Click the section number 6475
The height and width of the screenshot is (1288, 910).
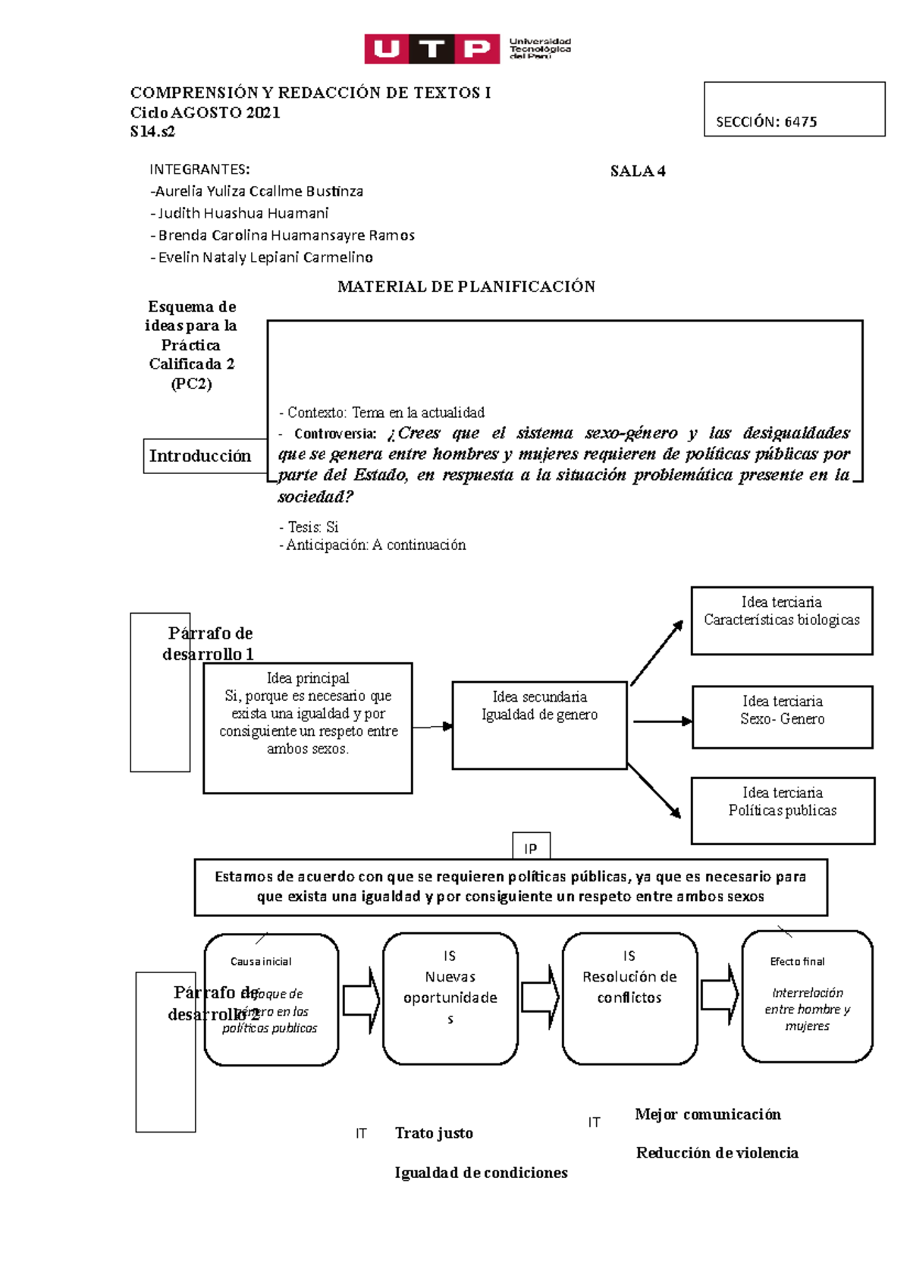800,122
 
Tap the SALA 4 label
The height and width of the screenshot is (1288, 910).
638,171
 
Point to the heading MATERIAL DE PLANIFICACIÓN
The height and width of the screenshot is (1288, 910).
466,287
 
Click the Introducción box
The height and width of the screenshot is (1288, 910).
201,456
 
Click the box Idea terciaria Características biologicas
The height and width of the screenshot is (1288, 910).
781,620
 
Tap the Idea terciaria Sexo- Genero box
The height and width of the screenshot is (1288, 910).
782,717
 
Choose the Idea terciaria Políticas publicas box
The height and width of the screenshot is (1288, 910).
782,810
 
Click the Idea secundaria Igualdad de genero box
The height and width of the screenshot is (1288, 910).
539,725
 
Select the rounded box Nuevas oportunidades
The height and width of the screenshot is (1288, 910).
450,998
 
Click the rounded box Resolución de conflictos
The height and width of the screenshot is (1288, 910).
629,998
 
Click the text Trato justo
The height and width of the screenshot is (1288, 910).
434,1133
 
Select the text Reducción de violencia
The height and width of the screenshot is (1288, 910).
717,1153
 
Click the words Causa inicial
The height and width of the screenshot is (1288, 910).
261,961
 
